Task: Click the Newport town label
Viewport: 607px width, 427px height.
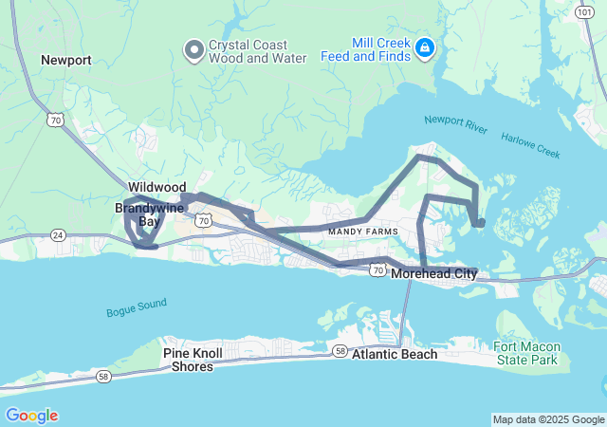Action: pos(66,60)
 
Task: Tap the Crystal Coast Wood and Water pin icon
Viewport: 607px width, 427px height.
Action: pos(194,48)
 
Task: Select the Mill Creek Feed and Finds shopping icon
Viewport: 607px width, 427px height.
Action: pos(425,46)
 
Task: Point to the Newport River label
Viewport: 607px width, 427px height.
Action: pos(456,121)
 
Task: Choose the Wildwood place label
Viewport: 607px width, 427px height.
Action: pos(157,188)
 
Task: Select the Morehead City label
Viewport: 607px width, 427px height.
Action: pos(433,274)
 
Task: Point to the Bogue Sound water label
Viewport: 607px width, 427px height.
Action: pos(137,306)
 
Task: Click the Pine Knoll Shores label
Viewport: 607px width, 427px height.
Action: pos(193,360)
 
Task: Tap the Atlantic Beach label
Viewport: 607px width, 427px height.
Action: pos(395,355)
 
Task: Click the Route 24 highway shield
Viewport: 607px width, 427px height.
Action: pos(57,234)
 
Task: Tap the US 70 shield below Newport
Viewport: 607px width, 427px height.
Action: pos(55,119)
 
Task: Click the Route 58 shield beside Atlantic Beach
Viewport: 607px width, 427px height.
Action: pos(340,352)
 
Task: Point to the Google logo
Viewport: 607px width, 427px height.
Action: pos(31,416)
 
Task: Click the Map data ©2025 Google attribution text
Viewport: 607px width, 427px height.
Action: pos(547,419)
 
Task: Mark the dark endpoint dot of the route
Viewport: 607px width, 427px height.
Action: pos(481,223)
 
